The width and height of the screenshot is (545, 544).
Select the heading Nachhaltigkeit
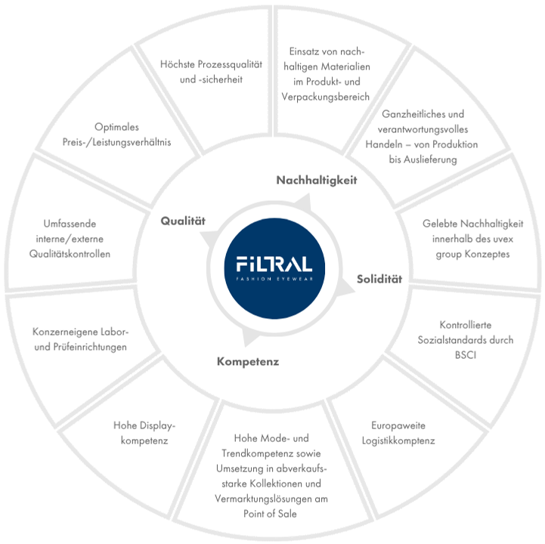click(316, 180)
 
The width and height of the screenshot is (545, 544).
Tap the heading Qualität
click(183, 221)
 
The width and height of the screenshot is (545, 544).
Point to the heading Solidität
click(379, 280)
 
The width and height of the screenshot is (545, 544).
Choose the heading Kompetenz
click(248, 361)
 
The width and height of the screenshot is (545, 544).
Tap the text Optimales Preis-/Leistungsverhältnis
click(116, 134)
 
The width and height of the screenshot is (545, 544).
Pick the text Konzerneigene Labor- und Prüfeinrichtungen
click(80, 339)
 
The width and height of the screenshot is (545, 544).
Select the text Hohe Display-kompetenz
click(143, 432)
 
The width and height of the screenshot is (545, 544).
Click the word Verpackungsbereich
click(327, 97)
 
